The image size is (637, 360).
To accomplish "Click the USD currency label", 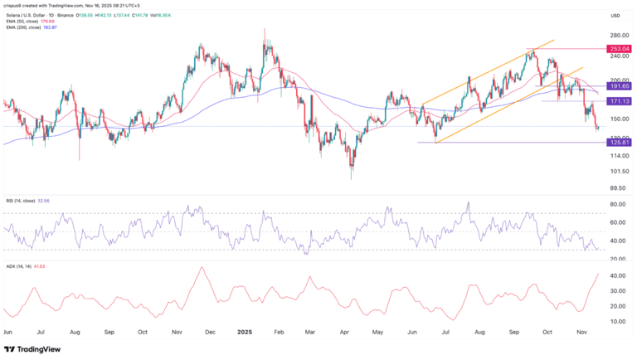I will coord(615,16).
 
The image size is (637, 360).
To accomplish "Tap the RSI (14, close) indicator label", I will coord(24,200).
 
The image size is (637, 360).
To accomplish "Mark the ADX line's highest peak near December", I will coord(201,268).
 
